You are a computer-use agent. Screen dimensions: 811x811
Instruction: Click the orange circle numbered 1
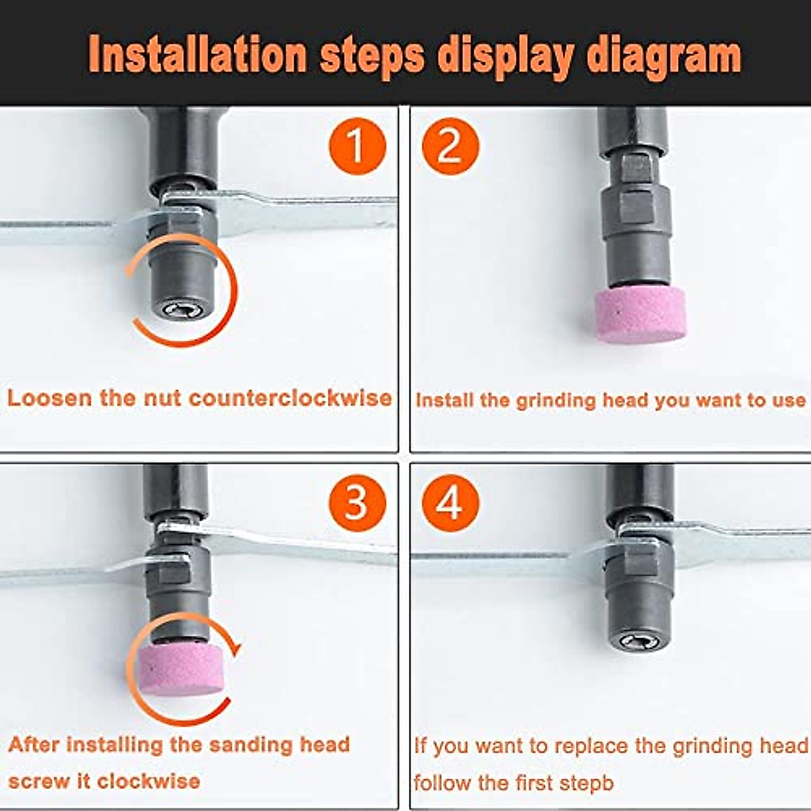click(357, 146)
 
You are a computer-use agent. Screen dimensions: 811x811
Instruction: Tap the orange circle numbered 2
click(450, 146)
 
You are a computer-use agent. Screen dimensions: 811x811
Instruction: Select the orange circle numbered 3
click(357, 503)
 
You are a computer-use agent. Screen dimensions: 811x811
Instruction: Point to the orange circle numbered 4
click(450, 503)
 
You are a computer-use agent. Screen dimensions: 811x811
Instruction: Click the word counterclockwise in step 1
click(291, 397)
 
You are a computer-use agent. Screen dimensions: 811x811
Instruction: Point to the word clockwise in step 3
click(149, 781)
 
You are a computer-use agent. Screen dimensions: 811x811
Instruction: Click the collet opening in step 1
click(177, 310)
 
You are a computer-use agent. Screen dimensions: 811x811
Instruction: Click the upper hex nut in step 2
click(635, 167)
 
